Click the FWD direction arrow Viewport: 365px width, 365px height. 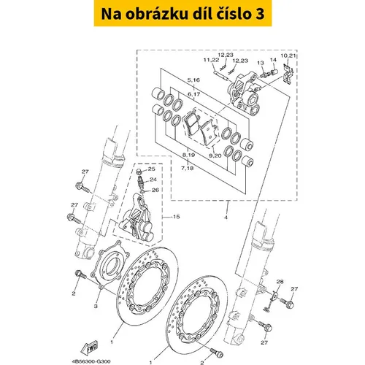(x=90, y=347)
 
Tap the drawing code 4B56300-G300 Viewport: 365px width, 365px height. (x=91, y=361)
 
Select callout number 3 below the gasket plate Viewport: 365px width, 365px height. (x=96, y=306)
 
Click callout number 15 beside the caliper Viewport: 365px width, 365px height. (x=176, y=216)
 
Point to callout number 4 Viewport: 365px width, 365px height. (x=226, y=218)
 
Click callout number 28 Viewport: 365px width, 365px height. (x=280, y=282)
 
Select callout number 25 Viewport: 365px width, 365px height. (x=151, y=169)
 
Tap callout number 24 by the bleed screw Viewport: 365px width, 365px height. (x=153, y=180)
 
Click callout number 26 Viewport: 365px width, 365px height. (x=155, y=190)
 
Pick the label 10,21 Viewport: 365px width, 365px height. (x=288, y=55)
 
